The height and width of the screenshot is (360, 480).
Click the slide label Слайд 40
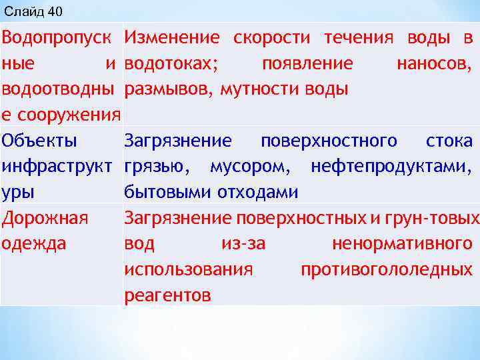pyautogui.click(x=31, y=11)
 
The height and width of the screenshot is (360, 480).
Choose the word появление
pyautogui.click(x=307, y=63)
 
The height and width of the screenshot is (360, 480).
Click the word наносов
pyautogui.click(x=434, y=63)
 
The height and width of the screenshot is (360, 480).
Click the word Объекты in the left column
pyautogui.click(x=39, y=141)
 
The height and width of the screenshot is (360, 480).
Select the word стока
pyautogui.click(x=448, y=141)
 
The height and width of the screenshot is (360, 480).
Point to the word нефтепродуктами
pyautogui.click(x=392, y=167)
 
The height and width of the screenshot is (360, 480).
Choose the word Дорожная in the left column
pyautogui.click(x=45, y=218)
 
